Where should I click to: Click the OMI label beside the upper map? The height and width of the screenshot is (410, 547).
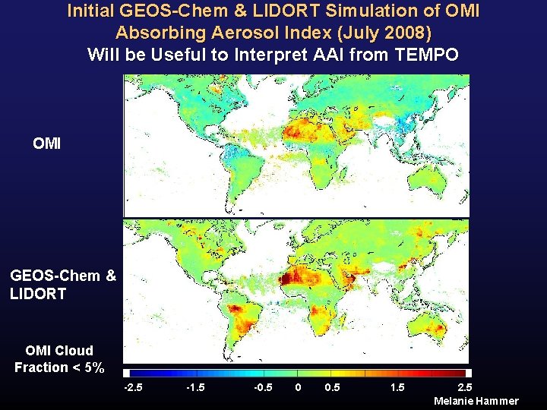(47, 143)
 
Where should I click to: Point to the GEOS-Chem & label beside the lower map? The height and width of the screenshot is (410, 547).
(63, 276)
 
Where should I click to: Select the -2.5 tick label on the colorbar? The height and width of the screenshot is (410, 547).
(134, 388)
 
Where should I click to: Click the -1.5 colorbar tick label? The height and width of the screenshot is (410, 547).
(196, 388)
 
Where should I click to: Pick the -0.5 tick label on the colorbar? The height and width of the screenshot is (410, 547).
(264, 388)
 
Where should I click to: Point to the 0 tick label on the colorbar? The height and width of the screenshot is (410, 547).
(299, 388)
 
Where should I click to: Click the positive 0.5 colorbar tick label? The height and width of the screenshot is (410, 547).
(332, 388)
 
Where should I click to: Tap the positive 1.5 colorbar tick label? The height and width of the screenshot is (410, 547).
(397, 388)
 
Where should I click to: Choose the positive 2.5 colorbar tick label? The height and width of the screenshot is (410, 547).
(464, 388)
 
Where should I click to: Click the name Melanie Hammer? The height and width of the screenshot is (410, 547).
(476, 401)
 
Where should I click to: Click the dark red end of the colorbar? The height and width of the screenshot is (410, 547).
(460, 374)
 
